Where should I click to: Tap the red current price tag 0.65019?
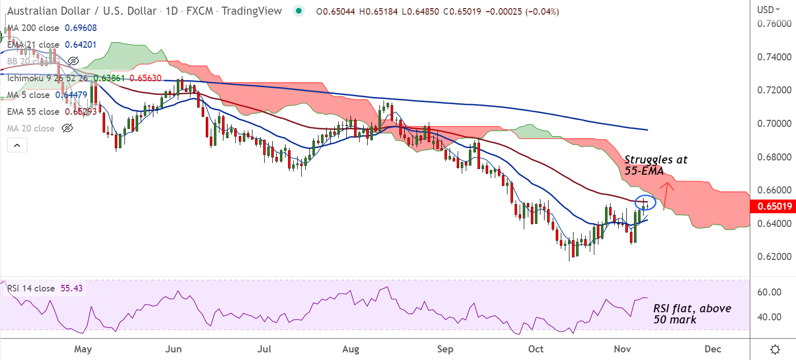point(772,207)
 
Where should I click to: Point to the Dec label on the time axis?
point(713,349)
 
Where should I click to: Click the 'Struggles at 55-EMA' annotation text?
point(655,166)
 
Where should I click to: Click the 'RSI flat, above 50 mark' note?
point(692,314)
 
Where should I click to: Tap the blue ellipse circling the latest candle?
point(646,203)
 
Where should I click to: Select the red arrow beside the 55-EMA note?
point(667,193)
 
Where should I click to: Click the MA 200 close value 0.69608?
point(80,28)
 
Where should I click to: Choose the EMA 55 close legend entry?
point(33,112)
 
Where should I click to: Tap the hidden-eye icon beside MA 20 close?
point(67,128)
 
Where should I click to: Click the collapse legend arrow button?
point(17,146)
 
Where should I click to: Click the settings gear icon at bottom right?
point(775,349)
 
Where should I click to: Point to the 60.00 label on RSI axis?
point(768,292)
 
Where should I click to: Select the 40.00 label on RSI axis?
point(768,317)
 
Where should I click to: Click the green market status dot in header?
point(299,11)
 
